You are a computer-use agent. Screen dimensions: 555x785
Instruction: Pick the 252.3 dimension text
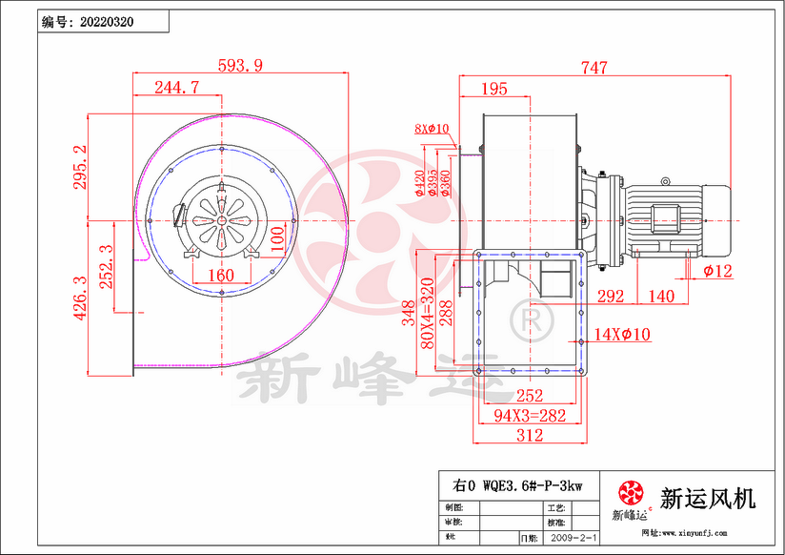click(x=107, y=267)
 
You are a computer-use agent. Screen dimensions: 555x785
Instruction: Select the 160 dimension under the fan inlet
click(x=220, y=275)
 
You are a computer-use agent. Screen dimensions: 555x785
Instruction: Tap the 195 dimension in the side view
click(x=493, y=89)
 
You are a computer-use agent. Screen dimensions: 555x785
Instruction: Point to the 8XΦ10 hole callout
click(x=432, y=129)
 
